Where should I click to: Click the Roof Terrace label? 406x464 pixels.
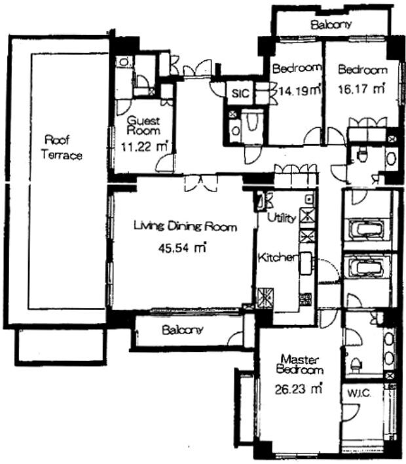coord(62,147)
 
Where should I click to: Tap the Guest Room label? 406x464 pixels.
coord(143,125)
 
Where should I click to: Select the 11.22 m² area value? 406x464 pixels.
coord(143,146)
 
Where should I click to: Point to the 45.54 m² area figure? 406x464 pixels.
coord(182,247)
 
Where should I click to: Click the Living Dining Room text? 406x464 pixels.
coord(185,226)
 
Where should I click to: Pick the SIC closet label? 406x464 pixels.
coord(240,94)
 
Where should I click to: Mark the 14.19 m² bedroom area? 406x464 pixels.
coord(299,90)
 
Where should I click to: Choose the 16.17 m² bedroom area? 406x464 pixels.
coord(361,88)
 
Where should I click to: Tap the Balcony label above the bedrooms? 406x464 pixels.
coord(331,24)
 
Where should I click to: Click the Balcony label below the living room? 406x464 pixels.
coord(183,330)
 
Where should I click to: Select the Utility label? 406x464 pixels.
coord(282,218)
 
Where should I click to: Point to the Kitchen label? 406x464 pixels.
coord(277,258)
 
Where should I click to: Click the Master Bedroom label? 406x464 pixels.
coord(299,364)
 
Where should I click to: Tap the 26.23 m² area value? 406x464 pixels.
coord(298,389)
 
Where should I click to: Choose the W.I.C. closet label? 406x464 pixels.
coord(359,394)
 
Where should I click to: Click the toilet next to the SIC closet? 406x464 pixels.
coord(251,121)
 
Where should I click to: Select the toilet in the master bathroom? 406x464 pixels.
coord(356,364)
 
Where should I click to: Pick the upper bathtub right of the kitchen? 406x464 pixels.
coord(367,229)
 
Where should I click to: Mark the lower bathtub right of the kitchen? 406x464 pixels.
coord(367,268)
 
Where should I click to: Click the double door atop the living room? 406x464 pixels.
coord(201,184)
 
